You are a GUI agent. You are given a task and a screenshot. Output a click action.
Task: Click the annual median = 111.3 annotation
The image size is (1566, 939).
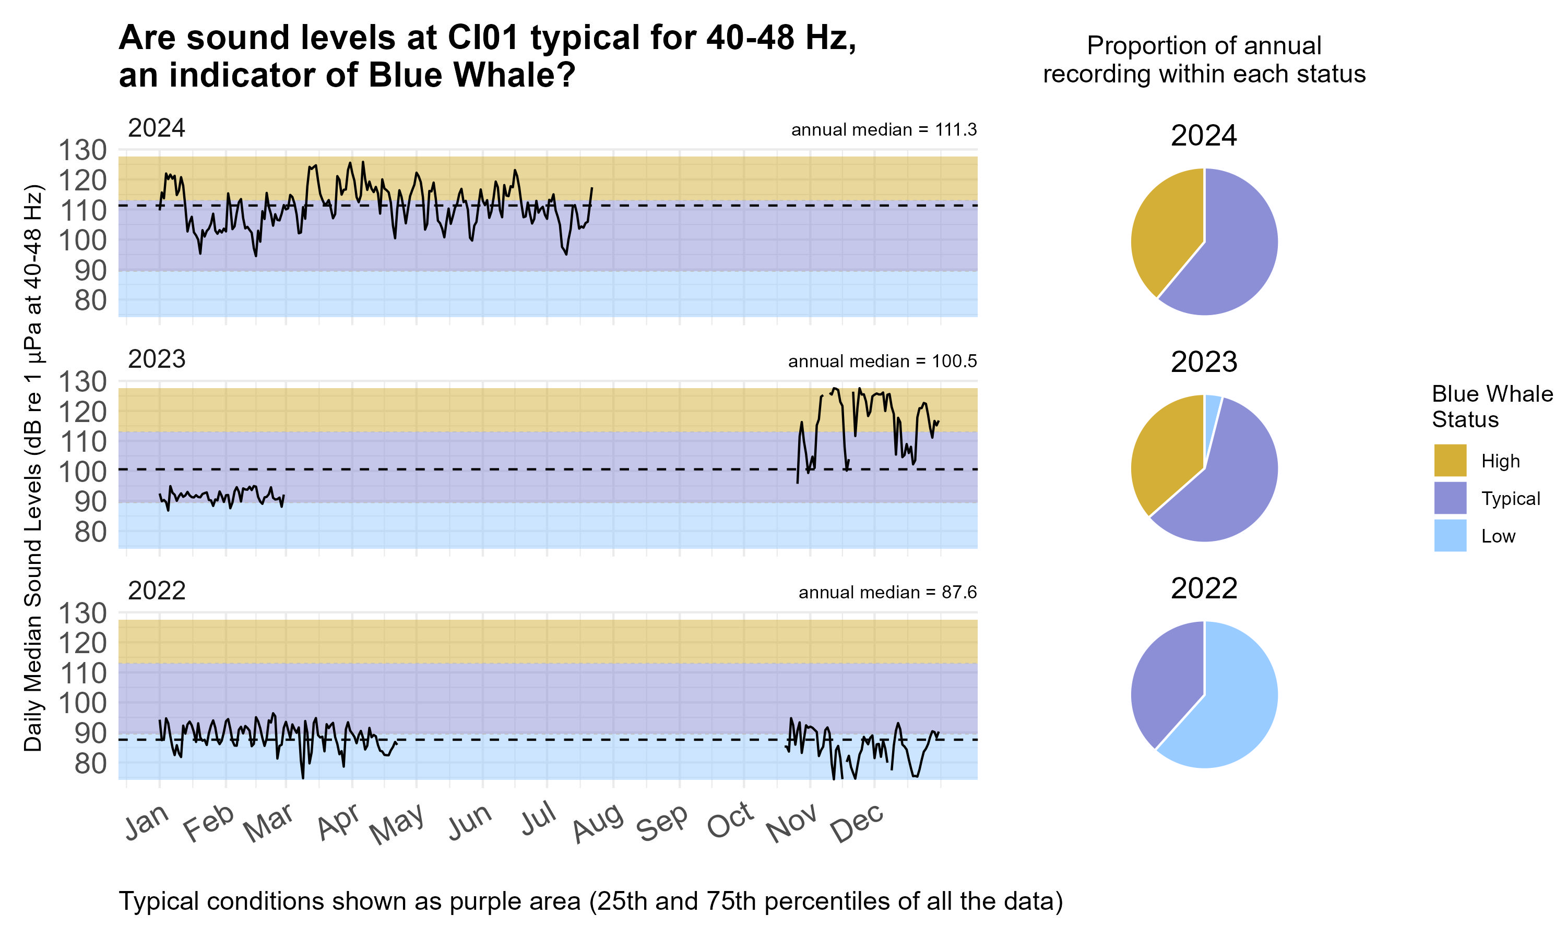pyautogui.click(x=883, y=130)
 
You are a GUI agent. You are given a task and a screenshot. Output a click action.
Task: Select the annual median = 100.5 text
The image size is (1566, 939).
pyautogui.click(x=882, y=362)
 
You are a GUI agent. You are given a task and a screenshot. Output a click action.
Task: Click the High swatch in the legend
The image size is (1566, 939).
pyautogui.click(x=1450, y=460)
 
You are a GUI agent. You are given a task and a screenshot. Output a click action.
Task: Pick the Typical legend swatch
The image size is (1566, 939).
pyautogui.click(x=1450, y=498)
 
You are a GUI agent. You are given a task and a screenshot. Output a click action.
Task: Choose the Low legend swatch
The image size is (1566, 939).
pyautogui.click(x=1450, y=535)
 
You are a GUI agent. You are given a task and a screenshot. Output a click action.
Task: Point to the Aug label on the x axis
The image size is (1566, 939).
pyautogui.click(x=598, y=823)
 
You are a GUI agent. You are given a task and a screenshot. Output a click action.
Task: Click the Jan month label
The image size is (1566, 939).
pyautogui.click(x=147, y=822)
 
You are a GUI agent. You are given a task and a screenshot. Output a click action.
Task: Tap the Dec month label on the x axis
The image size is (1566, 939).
pyautogui.click(x=857, y=823)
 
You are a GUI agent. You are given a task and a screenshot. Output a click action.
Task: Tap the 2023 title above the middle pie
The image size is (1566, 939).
pyautogui.click(x=1203, y=362)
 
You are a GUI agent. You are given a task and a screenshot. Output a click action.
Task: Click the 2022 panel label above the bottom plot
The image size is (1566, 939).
pyautogui.click(x=157, y=591)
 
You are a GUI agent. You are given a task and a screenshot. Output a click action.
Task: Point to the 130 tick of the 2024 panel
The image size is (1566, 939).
pyautogui.click(x=82, y=151)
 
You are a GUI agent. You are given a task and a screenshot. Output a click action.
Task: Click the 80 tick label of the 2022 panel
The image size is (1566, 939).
pyautogui.click(x=90, y=764)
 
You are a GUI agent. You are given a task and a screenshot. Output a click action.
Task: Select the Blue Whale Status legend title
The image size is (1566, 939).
pyautogui.click(x=1491, y=406)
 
